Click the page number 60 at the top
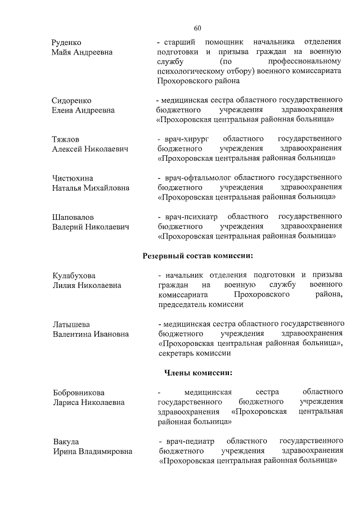(x=197, y=28)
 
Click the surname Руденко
(x=67, y=42)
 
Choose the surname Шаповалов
(x=73, y=217)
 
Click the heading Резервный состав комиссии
(x=197, y=256)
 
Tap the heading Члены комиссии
(x=197, y=372)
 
